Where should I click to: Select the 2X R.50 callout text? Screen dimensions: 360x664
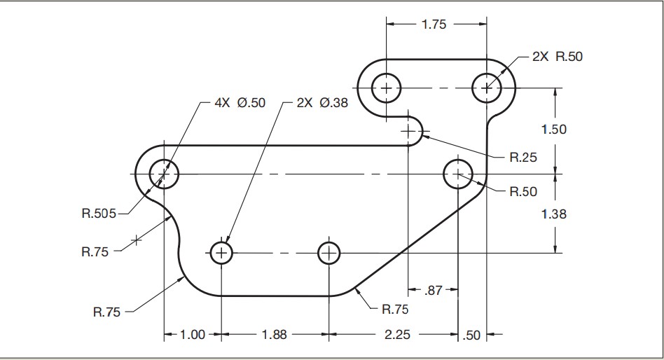point(557,57)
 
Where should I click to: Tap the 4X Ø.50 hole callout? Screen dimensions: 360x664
point(240,103)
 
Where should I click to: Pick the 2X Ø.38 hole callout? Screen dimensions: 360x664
point(322,103)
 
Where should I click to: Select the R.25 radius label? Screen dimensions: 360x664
point(523,158)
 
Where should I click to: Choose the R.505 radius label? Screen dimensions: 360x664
point(98,212)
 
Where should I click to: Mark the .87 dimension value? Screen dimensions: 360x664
point(434,290)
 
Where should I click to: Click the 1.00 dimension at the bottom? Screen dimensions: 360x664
point(193,335)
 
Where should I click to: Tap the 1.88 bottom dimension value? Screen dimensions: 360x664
point(274,335)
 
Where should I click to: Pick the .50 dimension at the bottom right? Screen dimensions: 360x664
point(473,335)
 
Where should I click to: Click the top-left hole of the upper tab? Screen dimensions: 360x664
point(385,88)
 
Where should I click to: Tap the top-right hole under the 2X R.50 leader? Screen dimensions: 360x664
point(486,88)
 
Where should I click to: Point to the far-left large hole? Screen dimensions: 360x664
point(164,173)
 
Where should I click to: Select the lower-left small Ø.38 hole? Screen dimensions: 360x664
point(221,252)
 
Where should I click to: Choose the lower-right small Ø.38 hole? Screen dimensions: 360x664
point(328,252)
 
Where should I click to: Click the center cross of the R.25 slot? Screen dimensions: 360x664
point(408,131)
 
